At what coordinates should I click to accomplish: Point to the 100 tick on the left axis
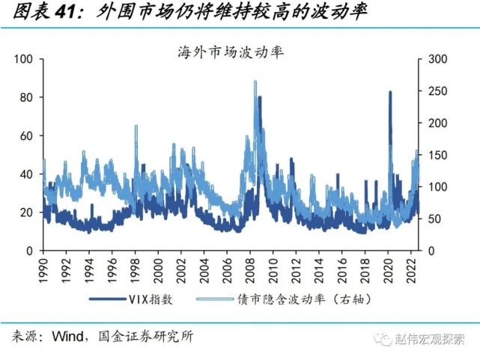pyautogui.click(x=24, y=59)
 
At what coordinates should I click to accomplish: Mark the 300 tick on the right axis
pyautogui.click(x=437, y=59)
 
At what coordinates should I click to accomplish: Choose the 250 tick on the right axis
pyautogui.click(x=437, y=91)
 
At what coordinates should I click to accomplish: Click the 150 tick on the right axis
pyautogui.click(x=437, y=155)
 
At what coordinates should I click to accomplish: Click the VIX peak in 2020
pyautogui.click(x=390, y=93)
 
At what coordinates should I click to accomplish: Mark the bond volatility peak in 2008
pyautogui.click(x=255, y=82)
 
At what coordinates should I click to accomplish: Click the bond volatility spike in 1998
pyautogui.click(x=136, y=127)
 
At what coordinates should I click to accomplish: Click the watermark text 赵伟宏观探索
pyautogui.click(x=430, y=339)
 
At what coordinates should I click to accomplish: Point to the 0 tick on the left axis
pyautogui.click(x=29, y=250)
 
